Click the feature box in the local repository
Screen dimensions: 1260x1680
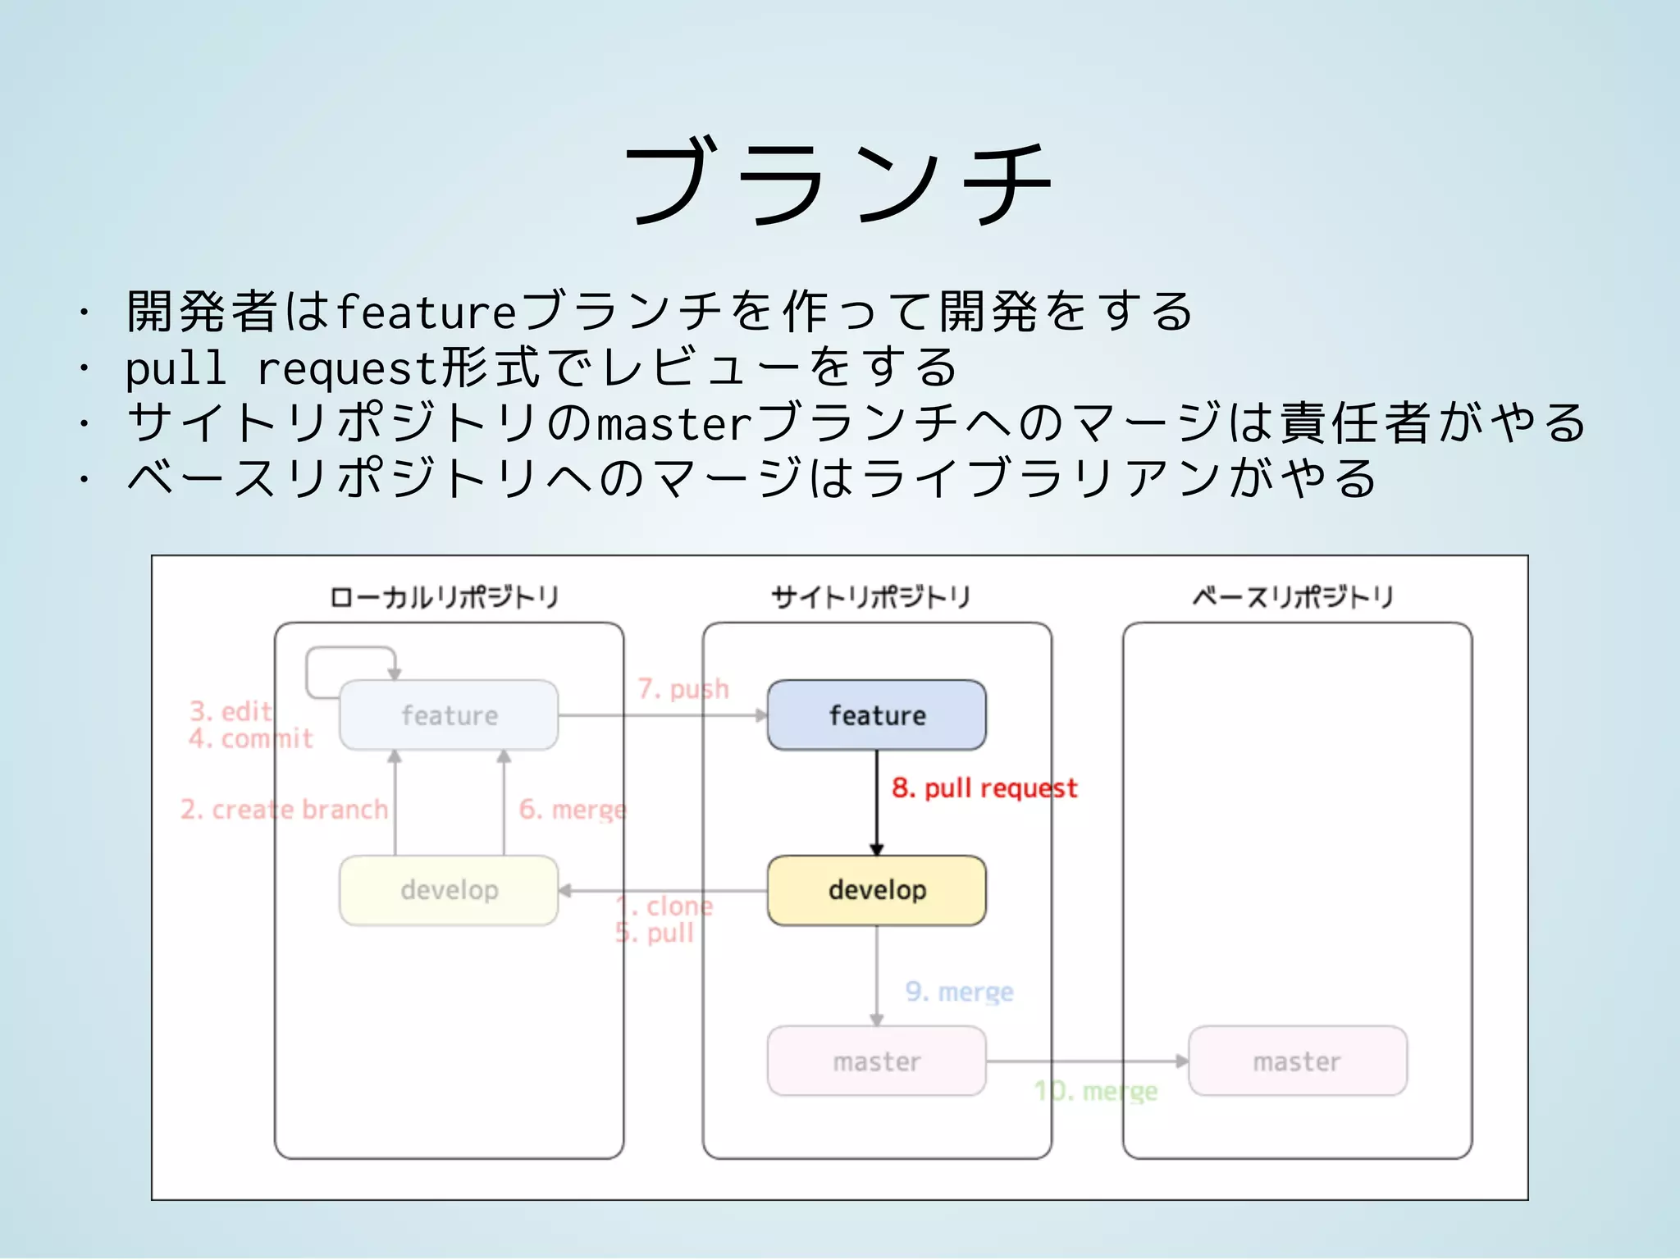pyautogui.click(x=449, y=715)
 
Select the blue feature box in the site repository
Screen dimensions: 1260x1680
pyautogui.click(x=876, y=715)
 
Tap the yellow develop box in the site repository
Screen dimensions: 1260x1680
pyautogui.click(x=876, y=890)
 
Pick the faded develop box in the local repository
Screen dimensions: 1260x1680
pyautogui.click(x=449, y=890)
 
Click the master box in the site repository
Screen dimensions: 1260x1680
pyautogui.click(x=876, y=1061)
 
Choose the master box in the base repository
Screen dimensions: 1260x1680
pyautogui.click(x=1297, y=1061)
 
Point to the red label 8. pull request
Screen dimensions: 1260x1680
pyautogui.click(x=984, y=788)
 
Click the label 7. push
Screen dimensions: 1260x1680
pyautogui.click(x=683, y=689)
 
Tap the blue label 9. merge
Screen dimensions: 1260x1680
pyautogui.click(x=959, y=992)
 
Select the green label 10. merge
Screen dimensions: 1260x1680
pyautogui.click(x=1096, y=1091)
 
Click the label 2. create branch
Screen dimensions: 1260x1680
pyautogui.click(x=284, y=810)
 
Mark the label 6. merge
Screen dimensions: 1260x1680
pyautogui.click(x=573, y=810)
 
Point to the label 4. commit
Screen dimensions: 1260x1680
pyautogui.click(x=251, y=739)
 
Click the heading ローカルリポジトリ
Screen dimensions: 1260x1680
pyautogui.click(x=444, y=597)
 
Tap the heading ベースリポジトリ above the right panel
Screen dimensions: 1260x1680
pyautogui.click(x=1293, y=597)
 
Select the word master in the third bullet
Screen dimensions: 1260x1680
pyautogui.click(x=673, y=424)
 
